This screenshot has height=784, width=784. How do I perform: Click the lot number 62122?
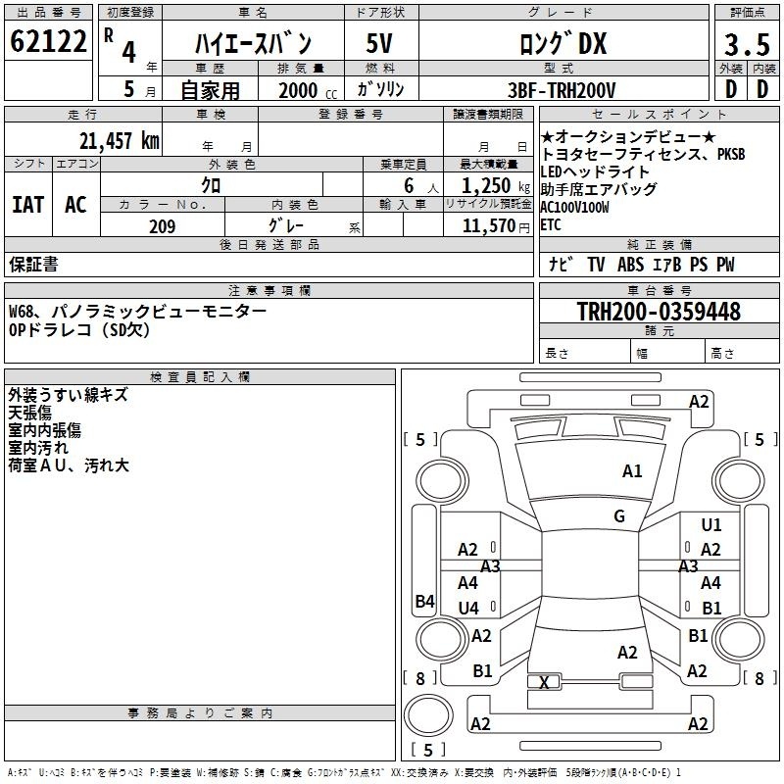pos(48,41)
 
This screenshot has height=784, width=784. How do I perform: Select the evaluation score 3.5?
pos(747,45)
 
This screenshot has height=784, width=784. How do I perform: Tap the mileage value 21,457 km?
pos(120,141)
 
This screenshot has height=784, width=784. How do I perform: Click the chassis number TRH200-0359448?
pos(659,311)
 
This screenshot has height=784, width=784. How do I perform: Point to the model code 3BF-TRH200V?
pos(562,90)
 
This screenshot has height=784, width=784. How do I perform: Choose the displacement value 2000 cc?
pos(308,90)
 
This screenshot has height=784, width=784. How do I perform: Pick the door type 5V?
pos(379,43)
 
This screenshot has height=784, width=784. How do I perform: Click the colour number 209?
pos(162,226)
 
